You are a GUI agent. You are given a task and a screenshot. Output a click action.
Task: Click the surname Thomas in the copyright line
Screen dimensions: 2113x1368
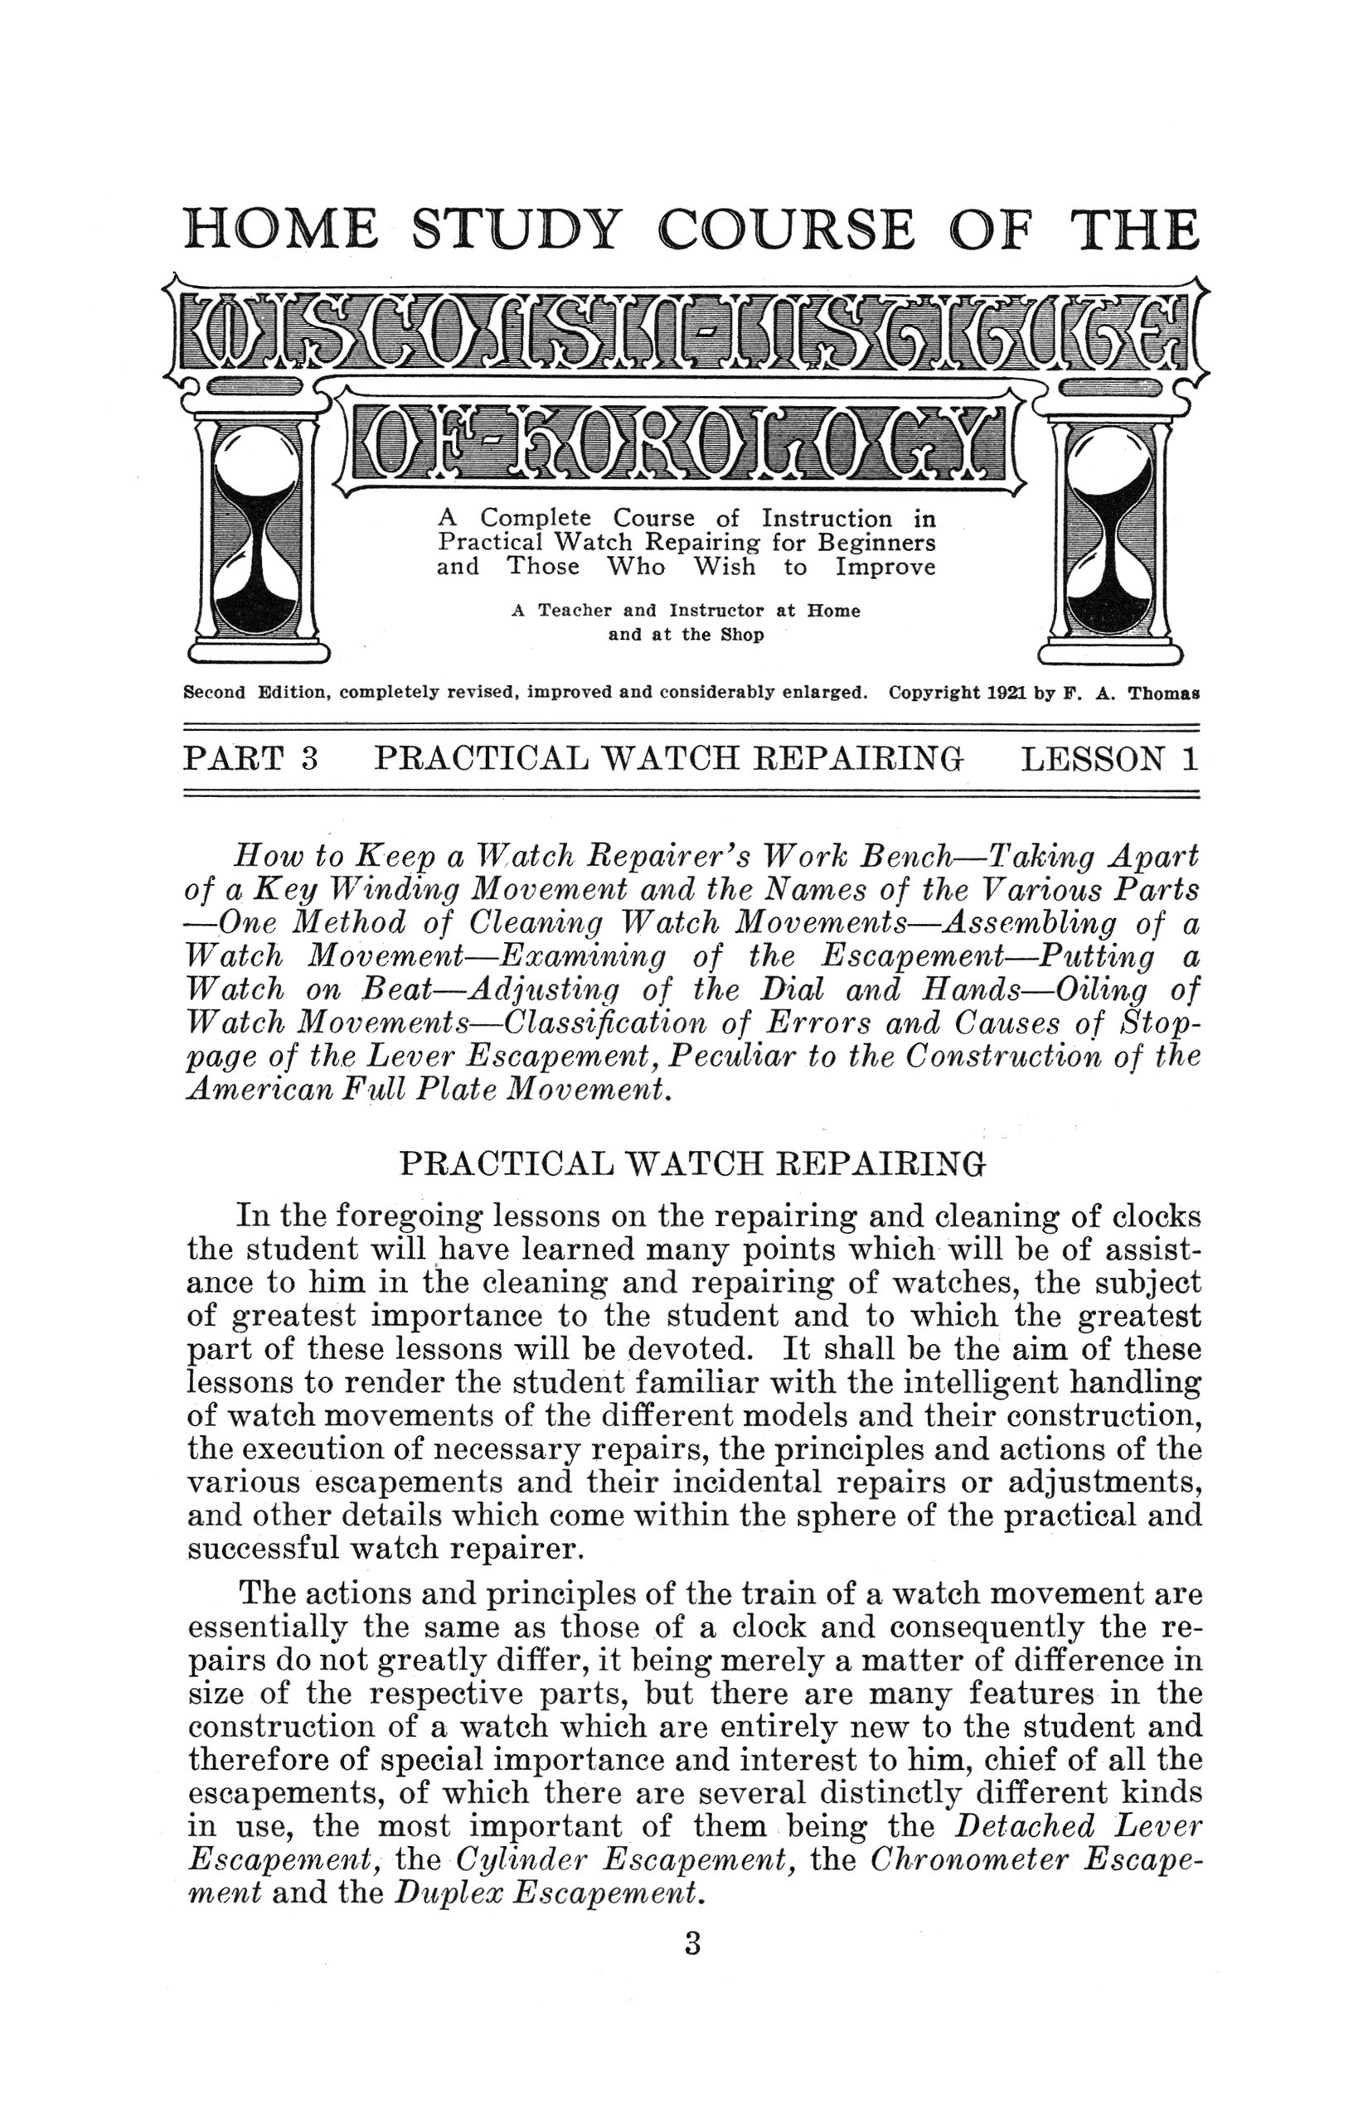coord(1164,694)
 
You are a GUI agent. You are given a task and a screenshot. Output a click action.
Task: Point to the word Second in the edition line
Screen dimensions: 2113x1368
coord(213,694)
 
